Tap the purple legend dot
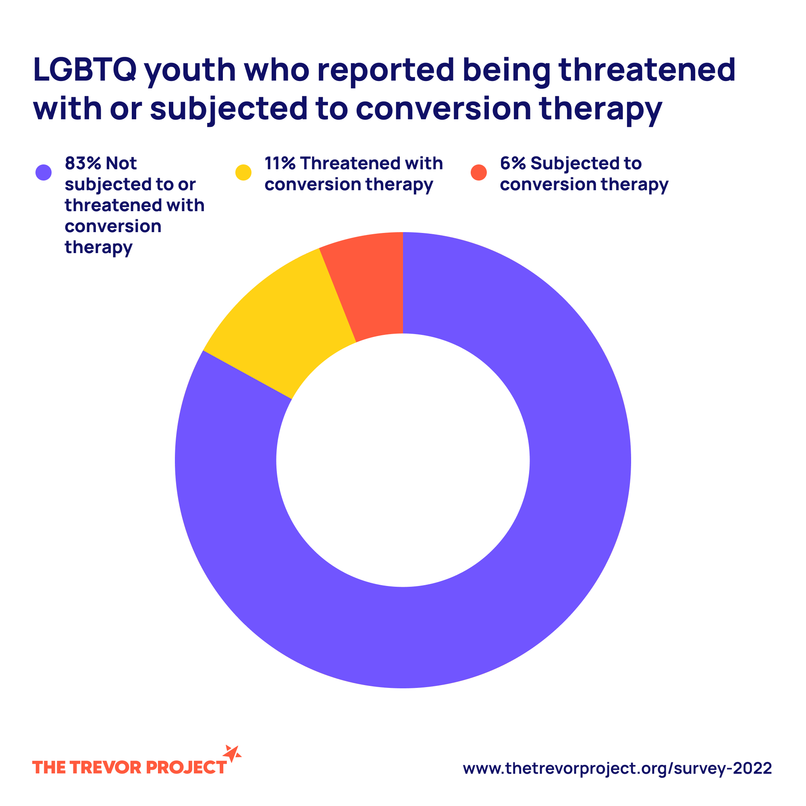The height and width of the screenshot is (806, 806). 44,172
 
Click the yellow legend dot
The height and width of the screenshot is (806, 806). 244,172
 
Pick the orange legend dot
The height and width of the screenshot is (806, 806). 478,172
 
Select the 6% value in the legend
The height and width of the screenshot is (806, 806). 513,163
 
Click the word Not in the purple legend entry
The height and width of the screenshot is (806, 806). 121,163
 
